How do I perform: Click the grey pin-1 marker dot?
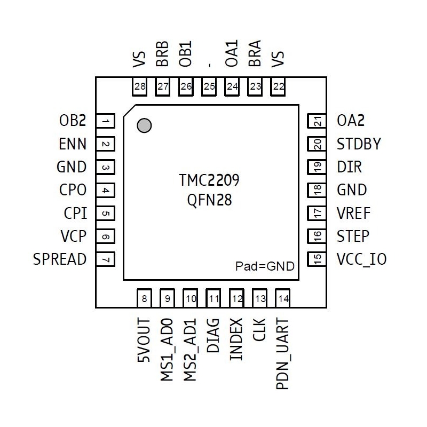click(x=144, y=125)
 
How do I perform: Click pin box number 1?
click(x=107, y=122)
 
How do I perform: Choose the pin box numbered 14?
click(x=283, y=298)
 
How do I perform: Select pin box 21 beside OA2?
click(x=318, y=122)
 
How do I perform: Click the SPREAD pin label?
click(x=60, y=259)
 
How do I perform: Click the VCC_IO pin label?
click(x=361, y=259)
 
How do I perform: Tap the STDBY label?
click(x=359, y=144)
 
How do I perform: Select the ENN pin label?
click(x=73, y=144)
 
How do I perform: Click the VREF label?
click(x=354, y=213)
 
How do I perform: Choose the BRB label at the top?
click(x=163, y=53)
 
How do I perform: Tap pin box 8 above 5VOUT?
click(x=145, y=298)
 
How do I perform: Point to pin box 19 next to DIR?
click(x=318, y=168)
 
